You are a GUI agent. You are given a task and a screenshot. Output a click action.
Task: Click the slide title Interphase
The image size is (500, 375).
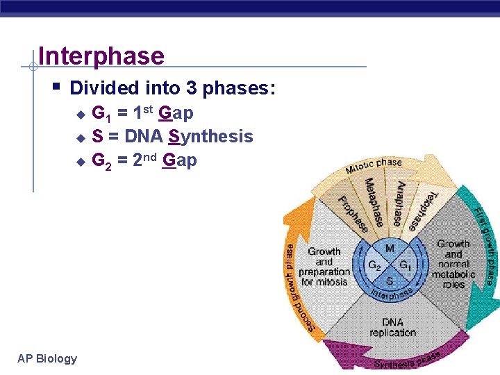[101, 56]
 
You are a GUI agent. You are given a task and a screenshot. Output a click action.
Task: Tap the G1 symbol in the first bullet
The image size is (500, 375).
[100, 113]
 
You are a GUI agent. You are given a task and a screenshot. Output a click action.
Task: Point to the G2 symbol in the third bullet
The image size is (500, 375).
[101, 161]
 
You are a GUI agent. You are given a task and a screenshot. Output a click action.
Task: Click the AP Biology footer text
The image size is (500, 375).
[47, 358]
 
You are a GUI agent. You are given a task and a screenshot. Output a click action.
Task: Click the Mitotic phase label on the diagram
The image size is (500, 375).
[374, 165]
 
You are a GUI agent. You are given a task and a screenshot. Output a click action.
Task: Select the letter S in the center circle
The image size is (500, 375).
[390, 281]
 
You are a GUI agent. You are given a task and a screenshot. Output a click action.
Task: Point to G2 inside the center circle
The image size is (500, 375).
[374, 265]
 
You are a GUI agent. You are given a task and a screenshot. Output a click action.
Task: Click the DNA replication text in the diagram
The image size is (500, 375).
[392, 327]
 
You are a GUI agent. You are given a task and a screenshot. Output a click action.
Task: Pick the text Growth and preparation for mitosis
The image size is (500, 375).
[324, 267]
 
